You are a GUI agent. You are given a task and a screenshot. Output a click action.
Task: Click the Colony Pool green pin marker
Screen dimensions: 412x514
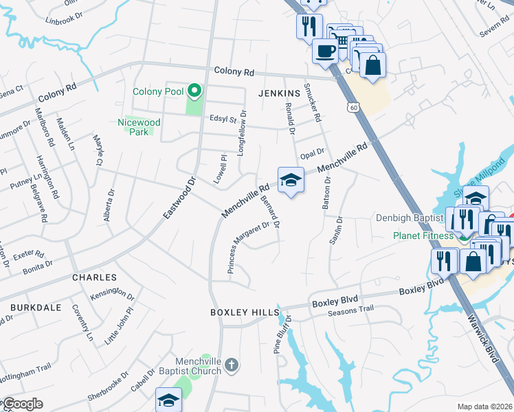[194, 91]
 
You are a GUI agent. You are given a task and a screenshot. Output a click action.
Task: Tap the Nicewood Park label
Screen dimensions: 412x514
[139, 127]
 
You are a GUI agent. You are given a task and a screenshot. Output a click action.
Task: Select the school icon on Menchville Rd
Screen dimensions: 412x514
[291, 181]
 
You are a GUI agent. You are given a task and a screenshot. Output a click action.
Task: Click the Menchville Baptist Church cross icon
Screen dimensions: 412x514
[232, 365]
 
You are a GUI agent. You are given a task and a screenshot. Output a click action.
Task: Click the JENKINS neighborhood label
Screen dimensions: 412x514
[280, 93]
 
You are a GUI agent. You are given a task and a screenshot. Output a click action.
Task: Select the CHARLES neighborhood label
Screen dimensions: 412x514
[94, 278]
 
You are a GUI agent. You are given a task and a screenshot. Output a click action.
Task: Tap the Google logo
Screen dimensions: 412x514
[22, 404]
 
